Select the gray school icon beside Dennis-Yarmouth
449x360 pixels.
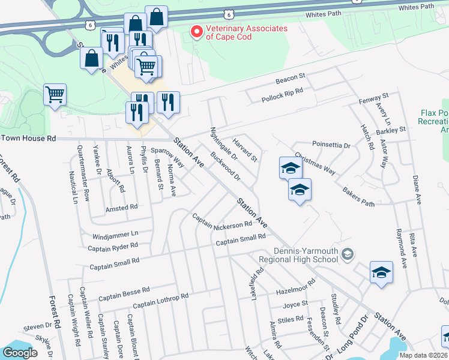tap(347, 256)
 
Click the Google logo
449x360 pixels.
tap(20, 353)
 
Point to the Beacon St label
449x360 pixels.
tap(291, 80)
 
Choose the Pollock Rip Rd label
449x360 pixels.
tap(282, 95)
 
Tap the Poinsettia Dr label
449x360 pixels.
tap(331, 145)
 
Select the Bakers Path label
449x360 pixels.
tap(358, 198)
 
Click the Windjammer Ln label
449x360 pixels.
tap(115, 233)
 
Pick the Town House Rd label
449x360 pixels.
tap(28, 138)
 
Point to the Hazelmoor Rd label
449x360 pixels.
tap(295, 286)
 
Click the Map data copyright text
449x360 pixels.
tap(423, 355)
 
